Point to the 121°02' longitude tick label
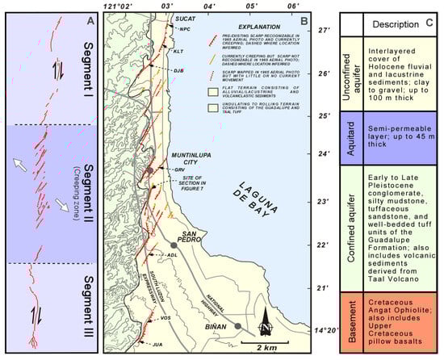point(120,6)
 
